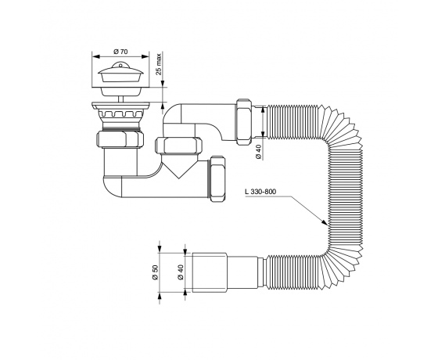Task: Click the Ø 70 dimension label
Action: tap(120, 52)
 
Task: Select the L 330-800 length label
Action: tap(260, 192)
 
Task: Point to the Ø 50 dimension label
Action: tap(156, 272)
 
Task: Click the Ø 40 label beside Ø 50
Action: tap(180, 272)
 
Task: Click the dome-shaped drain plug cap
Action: tap(120, 72)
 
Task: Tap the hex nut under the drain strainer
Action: tap(120, 139)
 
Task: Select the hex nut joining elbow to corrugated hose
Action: tap(242, 121)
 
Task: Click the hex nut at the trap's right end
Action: tap(218, 179)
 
